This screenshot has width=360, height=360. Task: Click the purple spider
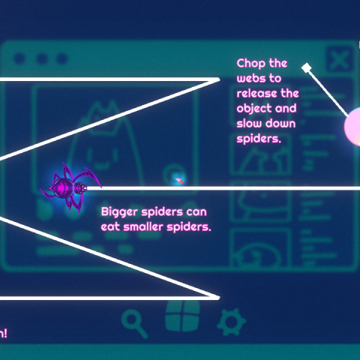point(70,187)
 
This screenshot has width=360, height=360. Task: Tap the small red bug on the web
point(179,180)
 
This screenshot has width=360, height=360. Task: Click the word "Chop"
point(251,64)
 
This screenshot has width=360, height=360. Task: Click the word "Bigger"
point(119,212)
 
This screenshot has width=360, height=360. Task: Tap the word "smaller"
point(143,226)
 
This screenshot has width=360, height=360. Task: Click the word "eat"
point(110,227)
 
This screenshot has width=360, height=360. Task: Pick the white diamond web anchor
point(307,67)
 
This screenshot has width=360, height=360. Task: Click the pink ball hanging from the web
point(352,126)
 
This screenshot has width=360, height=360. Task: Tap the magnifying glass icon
point(134,322)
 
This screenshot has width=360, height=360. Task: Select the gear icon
point(231,322)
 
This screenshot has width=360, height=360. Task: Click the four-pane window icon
point(182,316)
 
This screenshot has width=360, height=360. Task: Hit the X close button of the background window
point(340,59)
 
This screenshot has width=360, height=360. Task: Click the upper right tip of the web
point(219,79)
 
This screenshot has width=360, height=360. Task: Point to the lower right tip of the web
point(219,298)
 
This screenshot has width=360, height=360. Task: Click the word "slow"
point(249,124)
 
